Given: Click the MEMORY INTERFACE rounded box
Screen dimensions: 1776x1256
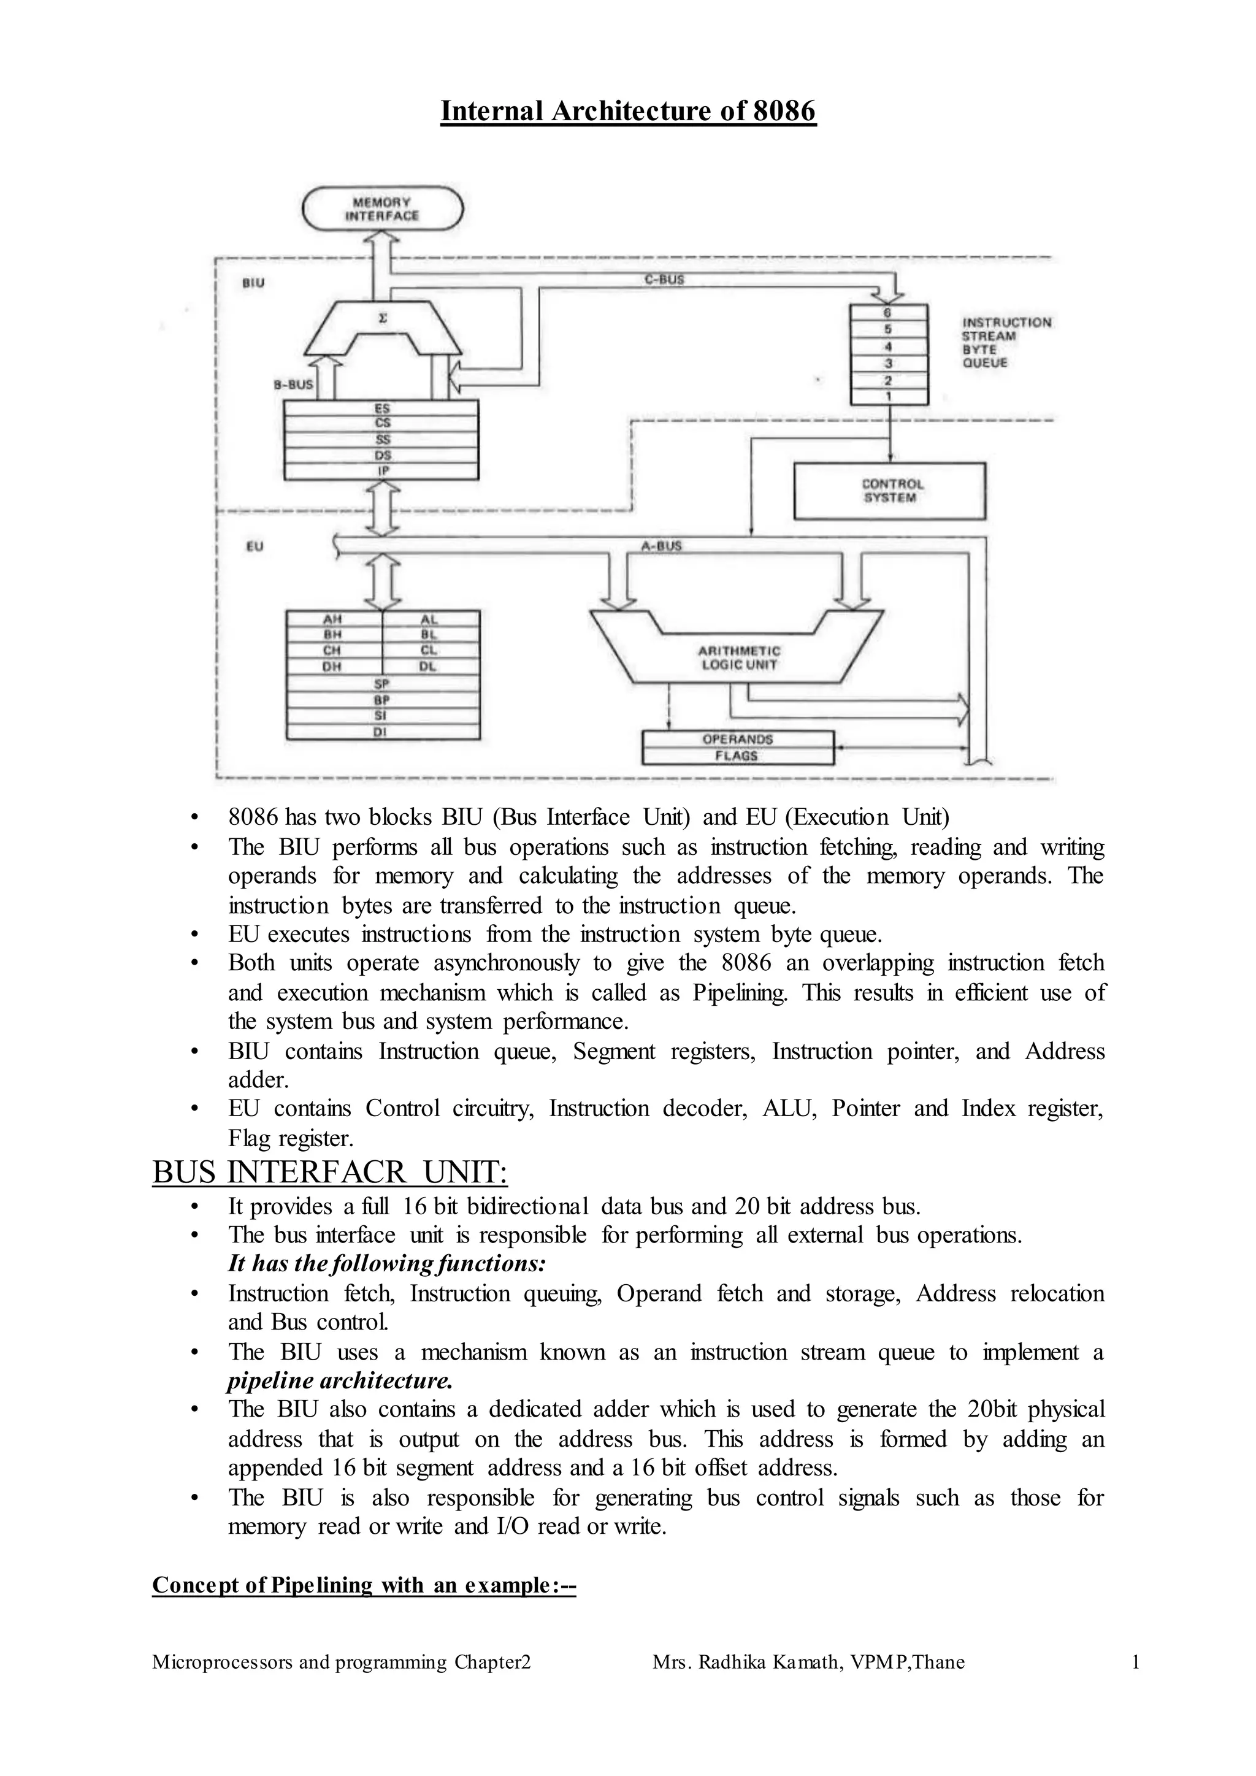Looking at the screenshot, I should (x=382, y=209).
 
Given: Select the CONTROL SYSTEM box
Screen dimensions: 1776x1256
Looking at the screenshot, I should (x=889, y=491).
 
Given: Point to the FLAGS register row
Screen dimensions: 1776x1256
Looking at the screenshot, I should (x=737, y=756).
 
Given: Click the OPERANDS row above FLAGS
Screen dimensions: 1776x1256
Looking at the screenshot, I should (x=737, y=739).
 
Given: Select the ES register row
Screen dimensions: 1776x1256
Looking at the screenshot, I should (x=382, y=408).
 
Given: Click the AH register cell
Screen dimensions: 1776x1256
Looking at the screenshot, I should (x=334, y=619).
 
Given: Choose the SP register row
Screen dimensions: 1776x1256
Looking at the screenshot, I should (x=382, y=684).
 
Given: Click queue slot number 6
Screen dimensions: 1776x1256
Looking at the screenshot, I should (x=888, y=313).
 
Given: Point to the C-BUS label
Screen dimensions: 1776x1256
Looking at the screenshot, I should (x=664, y=279).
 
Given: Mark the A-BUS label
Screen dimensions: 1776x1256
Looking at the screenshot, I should (x=661, y=545).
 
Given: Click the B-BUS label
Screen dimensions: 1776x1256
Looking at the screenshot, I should (x=294, y=384).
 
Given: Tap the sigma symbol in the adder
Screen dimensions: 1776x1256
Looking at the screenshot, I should (x=382, y=318).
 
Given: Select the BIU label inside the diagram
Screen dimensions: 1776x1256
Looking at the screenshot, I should (x=254, y=283).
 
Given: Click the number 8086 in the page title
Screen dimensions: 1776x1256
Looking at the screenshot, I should (x=784, y=112).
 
